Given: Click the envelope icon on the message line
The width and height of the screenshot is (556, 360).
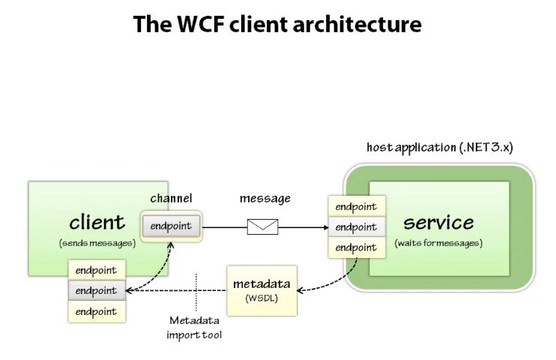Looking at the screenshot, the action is [x=262, y=226].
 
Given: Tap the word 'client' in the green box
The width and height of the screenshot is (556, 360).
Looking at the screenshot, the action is [x=97, y=223].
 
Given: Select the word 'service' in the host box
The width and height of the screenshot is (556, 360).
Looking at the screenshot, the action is [x=438, y=223].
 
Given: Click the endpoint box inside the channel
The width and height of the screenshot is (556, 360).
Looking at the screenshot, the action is [x=172, y=226].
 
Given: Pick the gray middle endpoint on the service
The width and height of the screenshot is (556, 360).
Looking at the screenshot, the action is [x=357, y=226].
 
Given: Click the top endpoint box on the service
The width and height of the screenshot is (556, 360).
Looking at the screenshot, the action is [x=357, y=206].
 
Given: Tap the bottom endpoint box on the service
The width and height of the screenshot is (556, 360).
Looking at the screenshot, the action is [x=357, y=247].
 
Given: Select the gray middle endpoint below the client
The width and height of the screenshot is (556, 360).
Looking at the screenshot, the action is [x=97, y=291].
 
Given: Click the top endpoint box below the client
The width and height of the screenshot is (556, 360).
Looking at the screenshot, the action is [x=97, y=270].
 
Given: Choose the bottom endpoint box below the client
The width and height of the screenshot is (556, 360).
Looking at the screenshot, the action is [x=97, y=312].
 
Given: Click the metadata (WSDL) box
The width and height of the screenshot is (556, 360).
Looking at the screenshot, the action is [x=262, y=290].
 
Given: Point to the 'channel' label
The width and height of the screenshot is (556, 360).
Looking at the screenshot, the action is [x=172, y=198].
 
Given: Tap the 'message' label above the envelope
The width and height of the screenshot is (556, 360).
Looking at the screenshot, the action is [x=265, y=199].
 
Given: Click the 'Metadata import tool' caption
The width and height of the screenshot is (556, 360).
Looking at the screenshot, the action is [x=194, y=328].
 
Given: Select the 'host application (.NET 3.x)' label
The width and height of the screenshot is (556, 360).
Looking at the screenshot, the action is [x=440, y=147].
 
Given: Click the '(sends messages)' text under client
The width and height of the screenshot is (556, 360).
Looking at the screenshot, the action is [x=97, y=243].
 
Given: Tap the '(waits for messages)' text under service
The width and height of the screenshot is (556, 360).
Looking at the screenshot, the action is [x=438, y=243].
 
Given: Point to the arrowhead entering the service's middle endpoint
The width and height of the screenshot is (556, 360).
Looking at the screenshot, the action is [x=326, y=227].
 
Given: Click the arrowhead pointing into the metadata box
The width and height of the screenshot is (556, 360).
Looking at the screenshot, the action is [x=300, y=290].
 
